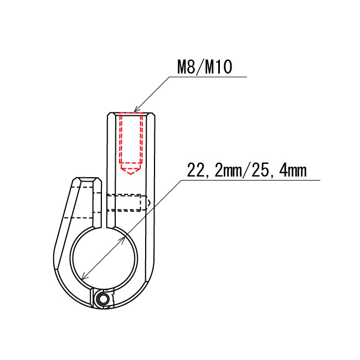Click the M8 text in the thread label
(187, 67)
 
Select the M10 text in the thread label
(218, 67)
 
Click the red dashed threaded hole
(131, 143)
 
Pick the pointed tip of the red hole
(131, 174)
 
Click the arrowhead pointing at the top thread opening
(137, 109)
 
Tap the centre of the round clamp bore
(104, 259)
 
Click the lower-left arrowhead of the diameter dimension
(85, 276)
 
